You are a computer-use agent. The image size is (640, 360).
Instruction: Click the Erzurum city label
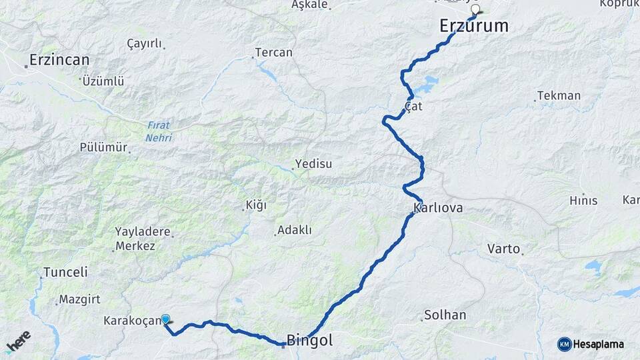474,26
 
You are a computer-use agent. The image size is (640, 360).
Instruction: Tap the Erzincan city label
59,60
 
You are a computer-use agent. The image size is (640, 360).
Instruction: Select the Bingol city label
309,341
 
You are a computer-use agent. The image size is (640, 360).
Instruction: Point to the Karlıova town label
438,209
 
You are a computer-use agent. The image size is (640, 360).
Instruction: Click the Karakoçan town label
133,321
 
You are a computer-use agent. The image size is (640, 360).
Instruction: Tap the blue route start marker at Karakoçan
165,319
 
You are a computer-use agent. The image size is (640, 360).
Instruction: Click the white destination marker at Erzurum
476,10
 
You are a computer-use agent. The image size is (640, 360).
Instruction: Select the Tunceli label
65,272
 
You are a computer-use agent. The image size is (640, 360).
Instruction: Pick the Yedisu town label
315,163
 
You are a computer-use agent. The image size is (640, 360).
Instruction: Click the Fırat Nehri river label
159,132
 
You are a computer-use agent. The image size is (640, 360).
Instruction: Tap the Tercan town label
273,52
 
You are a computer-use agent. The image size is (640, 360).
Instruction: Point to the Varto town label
503,249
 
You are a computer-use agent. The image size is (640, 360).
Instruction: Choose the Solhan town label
445,315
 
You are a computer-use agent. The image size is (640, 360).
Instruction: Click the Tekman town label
559,95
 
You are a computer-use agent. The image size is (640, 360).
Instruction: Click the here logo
18,342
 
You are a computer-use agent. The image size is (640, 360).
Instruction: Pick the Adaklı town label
295,230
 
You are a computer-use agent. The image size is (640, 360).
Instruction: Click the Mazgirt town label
79,299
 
